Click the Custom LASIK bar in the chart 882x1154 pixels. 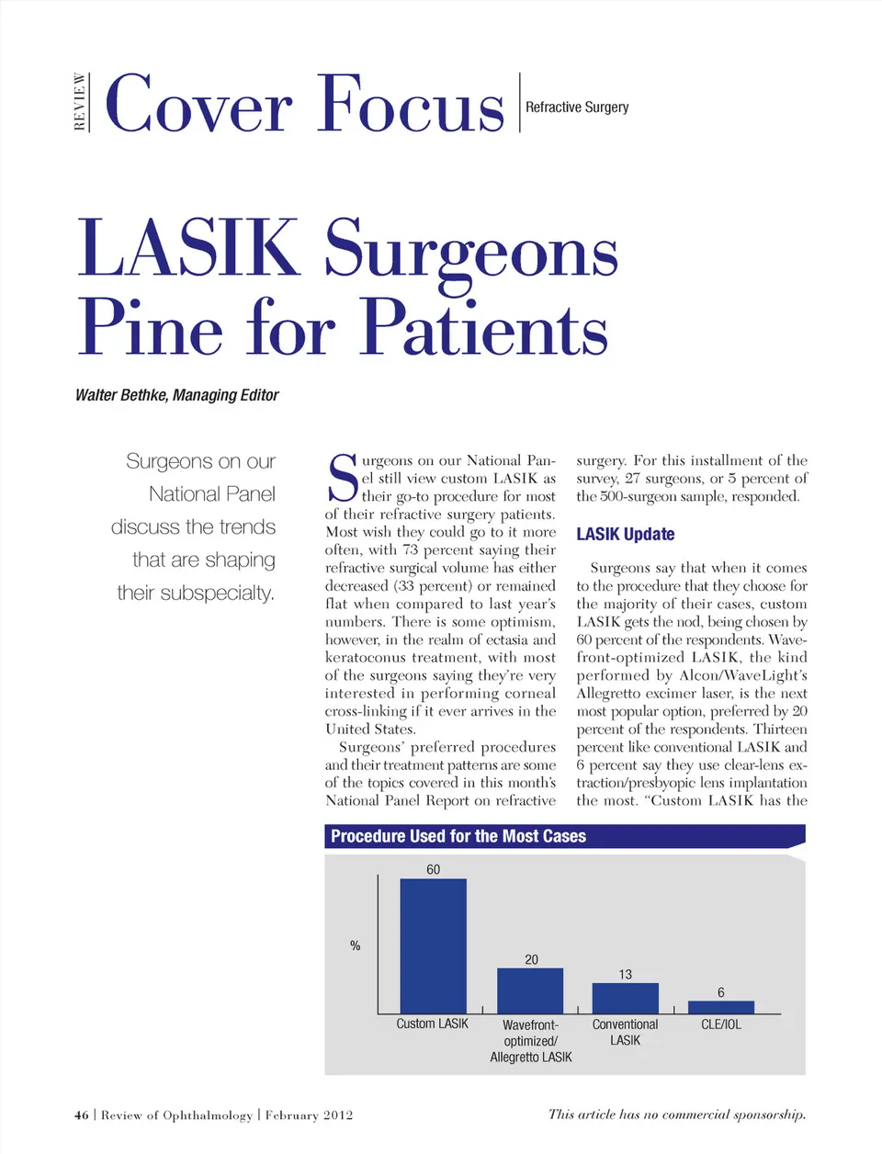433,945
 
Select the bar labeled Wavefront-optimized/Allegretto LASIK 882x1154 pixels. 530,990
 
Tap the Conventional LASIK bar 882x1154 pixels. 625,998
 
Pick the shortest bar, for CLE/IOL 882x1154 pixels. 721,1007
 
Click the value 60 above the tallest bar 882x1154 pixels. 433,869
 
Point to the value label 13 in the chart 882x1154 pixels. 625,974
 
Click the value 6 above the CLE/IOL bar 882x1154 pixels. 721,992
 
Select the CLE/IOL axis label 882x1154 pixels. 721,1024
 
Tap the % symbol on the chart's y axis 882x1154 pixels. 355,945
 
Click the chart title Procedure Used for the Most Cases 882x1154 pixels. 458,836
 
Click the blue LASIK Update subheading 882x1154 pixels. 626,534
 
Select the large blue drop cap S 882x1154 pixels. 343,478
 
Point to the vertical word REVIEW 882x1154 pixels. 81,103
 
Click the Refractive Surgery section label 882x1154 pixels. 577,107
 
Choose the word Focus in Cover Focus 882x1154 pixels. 412,105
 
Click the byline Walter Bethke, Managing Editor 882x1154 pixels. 177,395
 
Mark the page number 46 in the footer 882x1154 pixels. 82,1115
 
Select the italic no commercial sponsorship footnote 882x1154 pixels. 677,1114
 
